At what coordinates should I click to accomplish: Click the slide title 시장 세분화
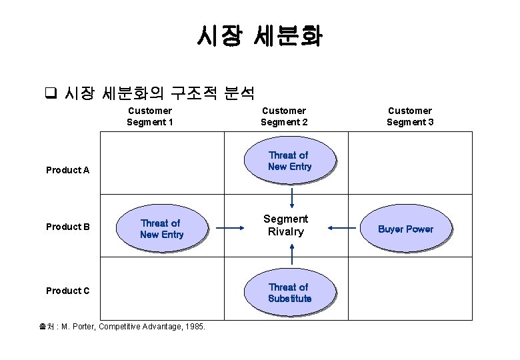point(259,36)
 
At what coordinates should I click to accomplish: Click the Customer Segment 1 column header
point(150,116)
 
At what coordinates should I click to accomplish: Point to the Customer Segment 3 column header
point(409,116)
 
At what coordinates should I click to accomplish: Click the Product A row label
point(67,170)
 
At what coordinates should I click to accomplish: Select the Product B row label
point(67,227)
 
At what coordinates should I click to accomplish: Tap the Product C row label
point(67,291)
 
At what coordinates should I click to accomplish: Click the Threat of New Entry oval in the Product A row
point(289,161)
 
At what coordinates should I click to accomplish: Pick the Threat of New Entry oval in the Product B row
point(161,229)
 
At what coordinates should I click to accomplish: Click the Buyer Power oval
point(405,229)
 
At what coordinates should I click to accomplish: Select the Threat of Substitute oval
point(289,293)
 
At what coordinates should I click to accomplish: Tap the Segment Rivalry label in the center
point(285,225)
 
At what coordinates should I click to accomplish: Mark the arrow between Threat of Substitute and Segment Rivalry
point(292,254)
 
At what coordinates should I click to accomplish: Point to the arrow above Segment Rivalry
point(292,197)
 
